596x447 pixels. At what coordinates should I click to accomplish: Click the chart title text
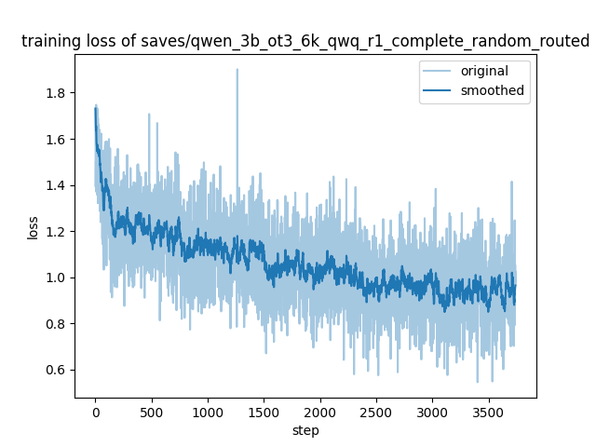pyautogui.click(x=305, y=41)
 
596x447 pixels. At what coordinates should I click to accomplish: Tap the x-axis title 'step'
pyautogui.click(x=305, y=430)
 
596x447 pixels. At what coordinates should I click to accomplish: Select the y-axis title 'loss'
pyautogui.click(x=33, y=226)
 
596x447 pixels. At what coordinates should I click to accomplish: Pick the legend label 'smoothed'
pyautogui.click(x=493, y=90)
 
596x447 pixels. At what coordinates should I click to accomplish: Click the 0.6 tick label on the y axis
pyautogui.click(x=57, y=370)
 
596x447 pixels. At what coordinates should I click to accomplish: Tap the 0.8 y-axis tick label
pyautogui.click(x=57, y=324)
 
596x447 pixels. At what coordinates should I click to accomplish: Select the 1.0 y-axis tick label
pyautogui.click(x=57, y=278)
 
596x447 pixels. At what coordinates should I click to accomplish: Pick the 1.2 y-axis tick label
pyautogui.click(x=57, y=231)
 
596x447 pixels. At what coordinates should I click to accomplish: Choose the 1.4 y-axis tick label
pyautogui.click(x=57, y=185)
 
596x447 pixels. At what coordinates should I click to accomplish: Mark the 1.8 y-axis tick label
pyautogui.click(x=57, y=93)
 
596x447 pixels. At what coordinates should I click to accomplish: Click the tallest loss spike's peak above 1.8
pyautogui.click(x=237, y=69)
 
